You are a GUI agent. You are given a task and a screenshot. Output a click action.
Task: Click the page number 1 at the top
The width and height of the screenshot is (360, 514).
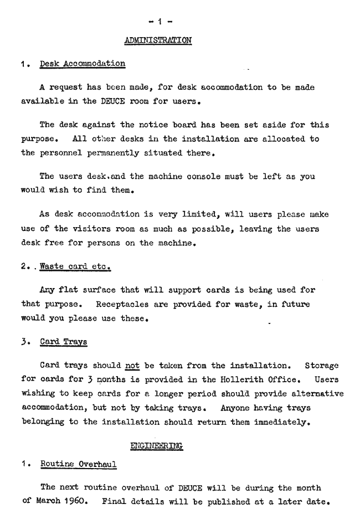coord(159,22)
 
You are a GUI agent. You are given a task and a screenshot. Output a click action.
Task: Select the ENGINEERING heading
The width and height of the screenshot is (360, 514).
coord(156,445)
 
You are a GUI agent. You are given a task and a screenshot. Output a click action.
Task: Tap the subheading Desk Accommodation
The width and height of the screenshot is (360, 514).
coord(83,64)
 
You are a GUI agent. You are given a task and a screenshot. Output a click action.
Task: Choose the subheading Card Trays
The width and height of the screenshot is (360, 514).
coord(64,342)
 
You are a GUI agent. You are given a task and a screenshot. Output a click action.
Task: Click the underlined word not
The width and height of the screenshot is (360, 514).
coord(132,366)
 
